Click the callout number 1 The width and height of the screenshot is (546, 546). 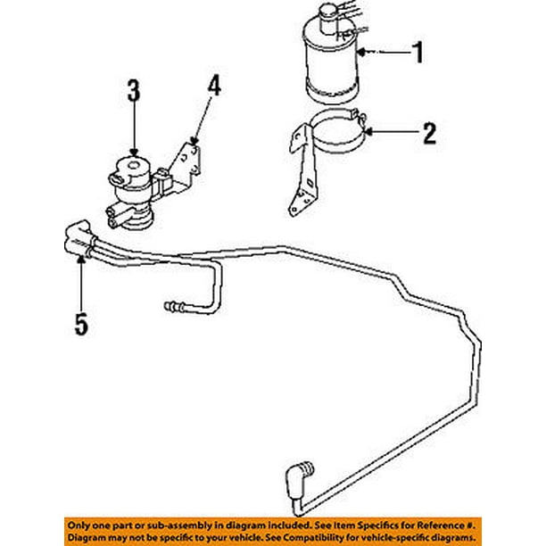click(x=417, y=54)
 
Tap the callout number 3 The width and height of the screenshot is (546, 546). click(x=133, y=90)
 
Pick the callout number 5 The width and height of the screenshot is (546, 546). click(x=81, y=325)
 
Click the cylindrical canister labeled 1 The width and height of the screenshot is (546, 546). click(x=331, y=62)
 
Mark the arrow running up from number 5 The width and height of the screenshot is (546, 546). click(x=81, y=281)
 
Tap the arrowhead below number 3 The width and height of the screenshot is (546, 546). click(x=133, y=153)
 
